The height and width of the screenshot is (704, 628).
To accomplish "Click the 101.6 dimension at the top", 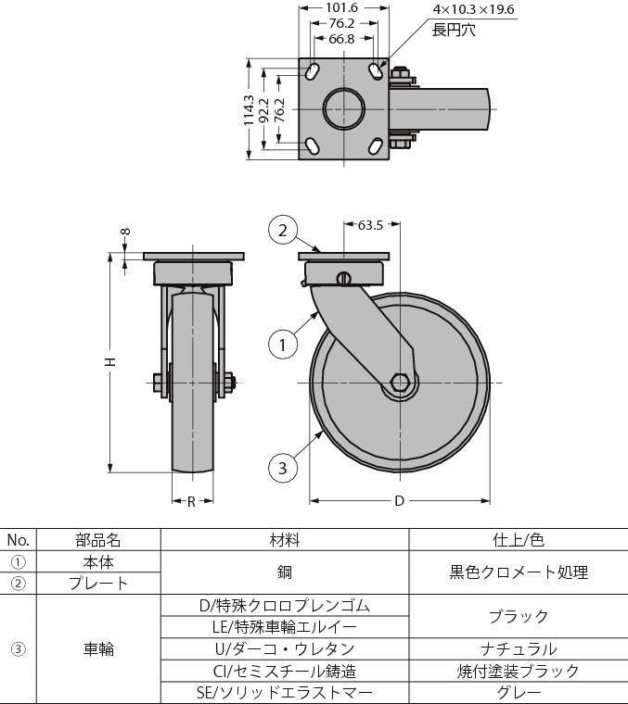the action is tap(341, 7).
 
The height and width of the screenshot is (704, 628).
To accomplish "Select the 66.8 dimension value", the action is tap(341, 39).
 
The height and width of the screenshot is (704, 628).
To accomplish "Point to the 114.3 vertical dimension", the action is tap(249, 110).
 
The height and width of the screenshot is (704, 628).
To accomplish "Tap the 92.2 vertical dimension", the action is tap(264, 110).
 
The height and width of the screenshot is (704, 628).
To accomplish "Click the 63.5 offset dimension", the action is tap(370, 225).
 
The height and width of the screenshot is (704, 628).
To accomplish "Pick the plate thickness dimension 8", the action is tap(126, 232).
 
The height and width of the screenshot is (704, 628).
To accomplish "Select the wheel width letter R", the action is tap(191, 501).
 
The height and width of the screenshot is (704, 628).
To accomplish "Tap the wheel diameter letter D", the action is tap(399, 501).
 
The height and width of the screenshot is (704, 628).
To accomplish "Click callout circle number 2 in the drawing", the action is tap(283, 231).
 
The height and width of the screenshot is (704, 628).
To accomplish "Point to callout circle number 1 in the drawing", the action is tap(283, 346).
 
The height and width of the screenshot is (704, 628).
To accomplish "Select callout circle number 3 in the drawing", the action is tap(283, 468).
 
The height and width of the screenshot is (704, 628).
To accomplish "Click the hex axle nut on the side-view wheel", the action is tap(399, 383).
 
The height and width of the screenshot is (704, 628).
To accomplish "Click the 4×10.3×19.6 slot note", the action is tap(473, 9).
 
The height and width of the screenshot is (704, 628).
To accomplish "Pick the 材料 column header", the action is tap(285, 540).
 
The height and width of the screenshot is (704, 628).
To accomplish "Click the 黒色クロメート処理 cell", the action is tap(519, 572).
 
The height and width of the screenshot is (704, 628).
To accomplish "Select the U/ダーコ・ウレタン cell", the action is tap(285, 648).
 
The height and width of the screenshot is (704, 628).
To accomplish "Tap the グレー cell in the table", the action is tap(519, 693).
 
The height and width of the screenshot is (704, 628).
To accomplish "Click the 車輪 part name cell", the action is tap(98, 648).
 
